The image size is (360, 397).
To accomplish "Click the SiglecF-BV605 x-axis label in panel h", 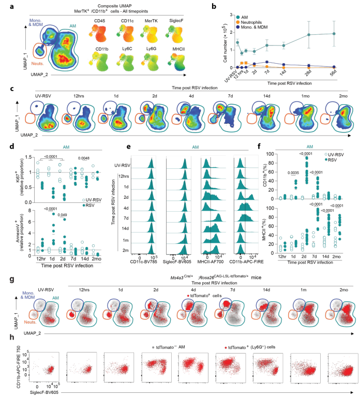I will [44, 393].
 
